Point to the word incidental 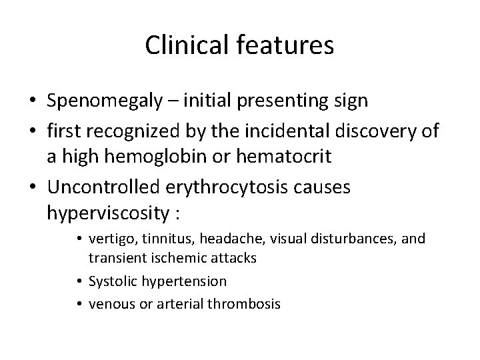(298, 130)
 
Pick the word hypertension (186, 281)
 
